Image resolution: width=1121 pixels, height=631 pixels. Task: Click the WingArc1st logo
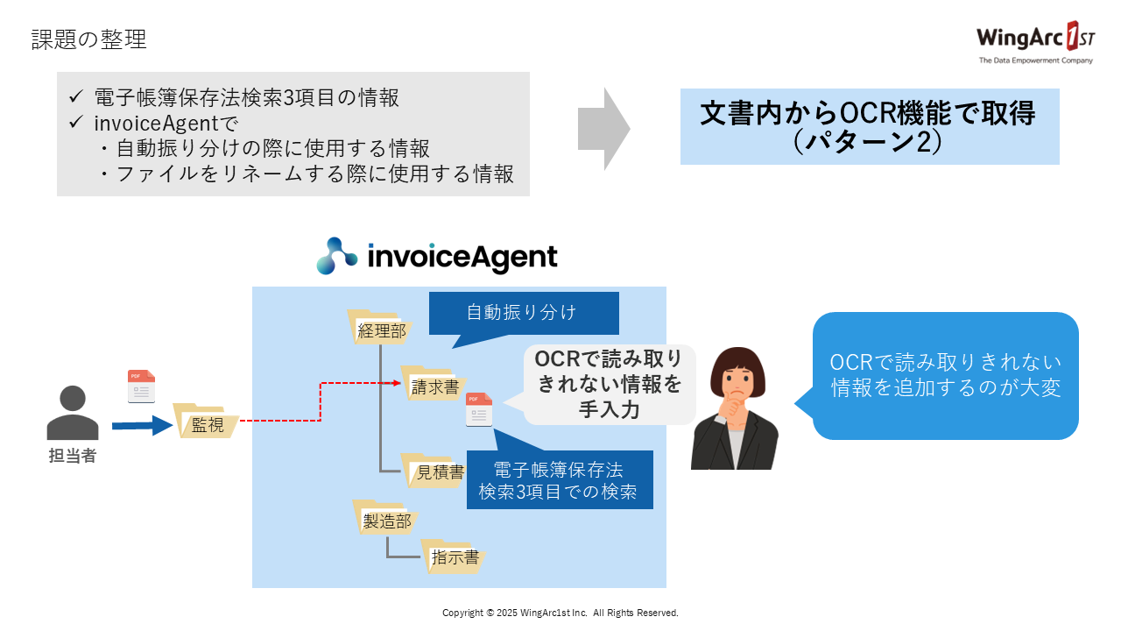(1034, 42)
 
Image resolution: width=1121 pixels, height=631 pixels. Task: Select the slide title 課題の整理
(88, 39)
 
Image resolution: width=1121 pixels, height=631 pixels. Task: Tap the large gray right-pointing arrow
(603, 129)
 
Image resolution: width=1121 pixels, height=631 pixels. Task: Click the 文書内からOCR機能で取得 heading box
(869, 126)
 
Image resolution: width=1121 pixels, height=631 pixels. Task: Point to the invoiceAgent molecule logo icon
(337, 256)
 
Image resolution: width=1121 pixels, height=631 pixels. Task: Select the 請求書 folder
(431, 385)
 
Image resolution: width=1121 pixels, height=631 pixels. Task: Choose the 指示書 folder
(453, 557)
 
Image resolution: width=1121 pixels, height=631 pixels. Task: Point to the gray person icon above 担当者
(72, 413)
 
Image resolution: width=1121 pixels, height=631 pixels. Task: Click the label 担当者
(72, 456)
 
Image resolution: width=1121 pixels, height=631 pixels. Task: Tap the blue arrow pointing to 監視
(142, 426)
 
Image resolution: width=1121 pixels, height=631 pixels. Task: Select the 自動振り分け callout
(523, 313)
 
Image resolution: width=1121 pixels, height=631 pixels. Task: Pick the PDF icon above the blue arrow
(141, 386)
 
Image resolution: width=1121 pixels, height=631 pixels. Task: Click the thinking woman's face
(734, 381)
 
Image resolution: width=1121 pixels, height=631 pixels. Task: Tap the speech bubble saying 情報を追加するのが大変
(945, 375)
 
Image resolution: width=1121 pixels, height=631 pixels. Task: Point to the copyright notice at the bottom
(560, 613)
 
